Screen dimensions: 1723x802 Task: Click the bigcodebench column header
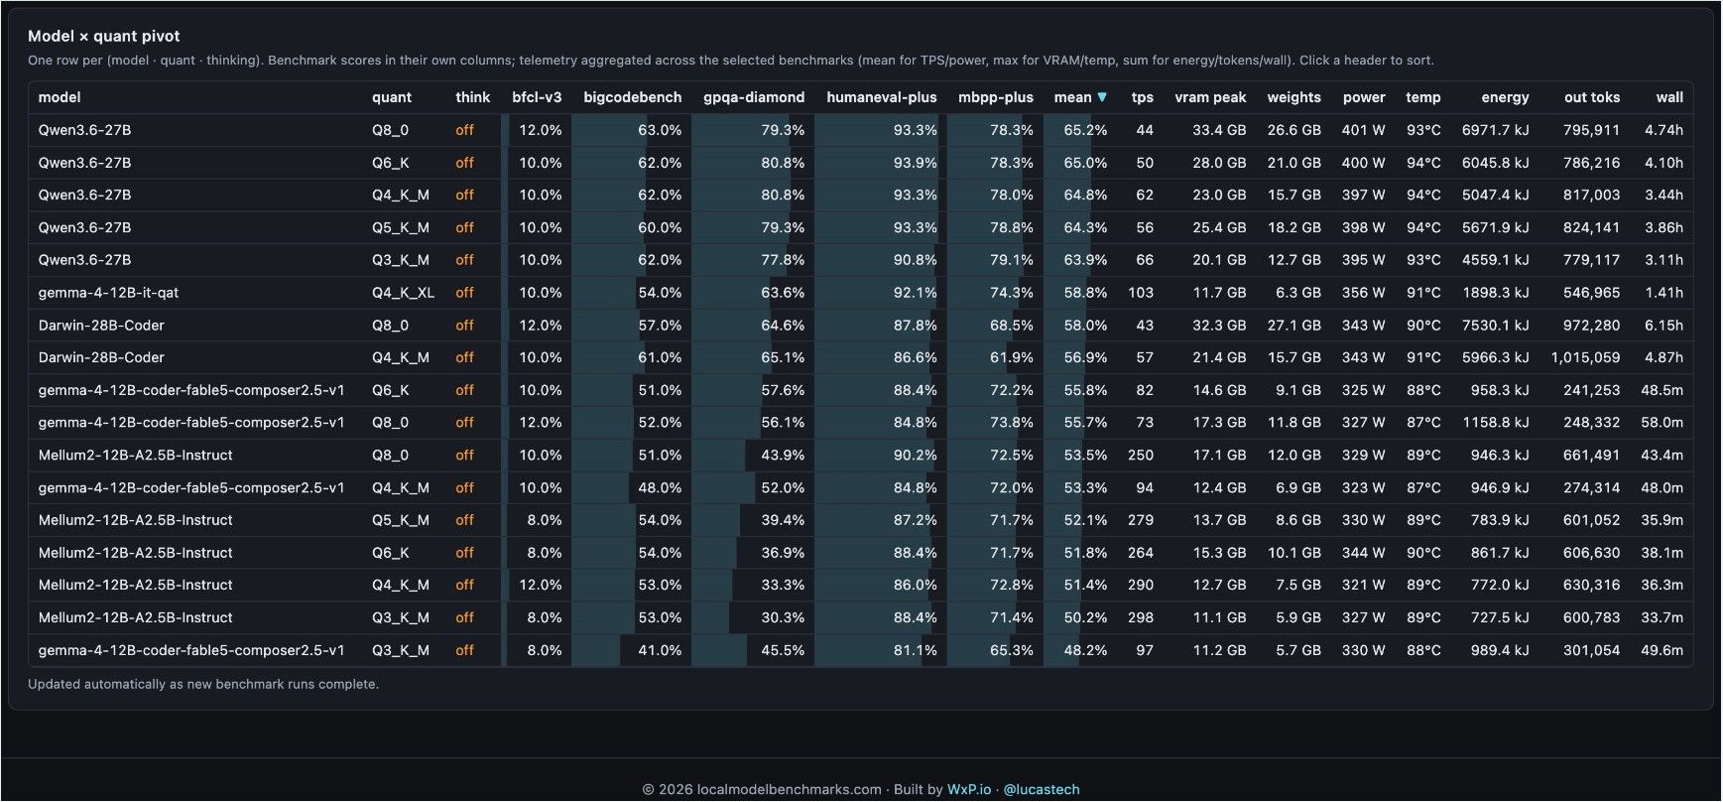pyautogui.click(x=633, y=97)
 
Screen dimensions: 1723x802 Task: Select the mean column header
pyautogui.click(x=1072, y=97)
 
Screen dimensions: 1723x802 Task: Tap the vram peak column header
pyautogui.click(x=1210, y=97)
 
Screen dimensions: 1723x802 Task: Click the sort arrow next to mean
pyautogui.click(x=1102, y=97)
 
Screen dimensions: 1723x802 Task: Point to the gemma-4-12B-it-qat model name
pyautogui.click(x=108, y=293)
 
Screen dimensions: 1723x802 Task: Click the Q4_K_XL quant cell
pyautogui.click(x=403, y=293)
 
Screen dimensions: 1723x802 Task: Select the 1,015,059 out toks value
pyautogui.click(x=1585, y=357)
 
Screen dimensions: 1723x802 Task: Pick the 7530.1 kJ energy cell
pyautogui.click(x=1495, y=326)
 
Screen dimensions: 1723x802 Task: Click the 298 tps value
pyautogui.click(x=1141, y=617)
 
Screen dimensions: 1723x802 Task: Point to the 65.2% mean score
pyautogui.click(x=1085, y=130)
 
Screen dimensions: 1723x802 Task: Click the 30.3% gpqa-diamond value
pyautogui.click(x=783, y=617)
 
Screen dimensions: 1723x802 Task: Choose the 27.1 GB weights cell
pyautogui.click(x=1293, y=326)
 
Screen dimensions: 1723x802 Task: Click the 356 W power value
pyautogui.click(x=1364, y=293)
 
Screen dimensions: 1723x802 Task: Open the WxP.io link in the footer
pyautogui.click(x=969, y=790)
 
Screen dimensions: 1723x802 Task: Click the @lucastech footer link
pyautogui.click(x=1042, y=790)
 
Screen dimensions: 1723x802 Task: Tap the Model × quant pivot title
pyautogui.click(x=104, y=36)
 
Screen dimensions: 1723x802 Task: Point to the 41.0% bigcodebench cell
pyautogui.click(x=660, y=650)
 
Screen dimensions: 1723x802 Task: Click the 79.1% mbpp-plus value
pyautogui.click(x=1012, y=260)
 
